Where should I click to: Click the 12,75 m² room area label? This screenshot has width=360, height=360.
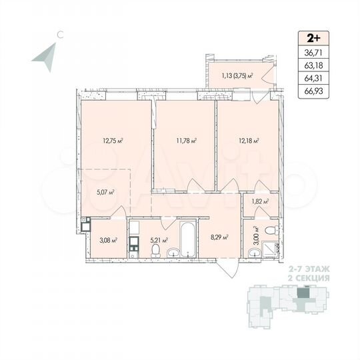(114, 141)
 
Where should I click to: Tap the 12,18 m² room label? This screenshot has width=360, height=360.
(247, 141)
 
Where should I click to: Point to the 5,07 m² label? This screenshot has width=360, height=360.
(106, 192)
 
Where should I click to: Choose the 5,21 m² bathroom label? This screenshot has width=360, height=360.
(159, 240)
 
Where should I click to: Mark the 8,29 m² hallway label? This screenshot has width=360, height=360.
(220, 236)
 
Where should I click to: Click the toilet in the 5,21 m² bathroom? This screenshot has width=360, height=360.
(155, 251)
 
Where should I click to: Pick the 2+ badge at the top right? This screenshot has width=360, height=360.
(313, 38)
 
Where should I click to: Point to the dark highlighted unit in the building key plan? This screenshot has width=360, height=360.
(304, 292)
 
